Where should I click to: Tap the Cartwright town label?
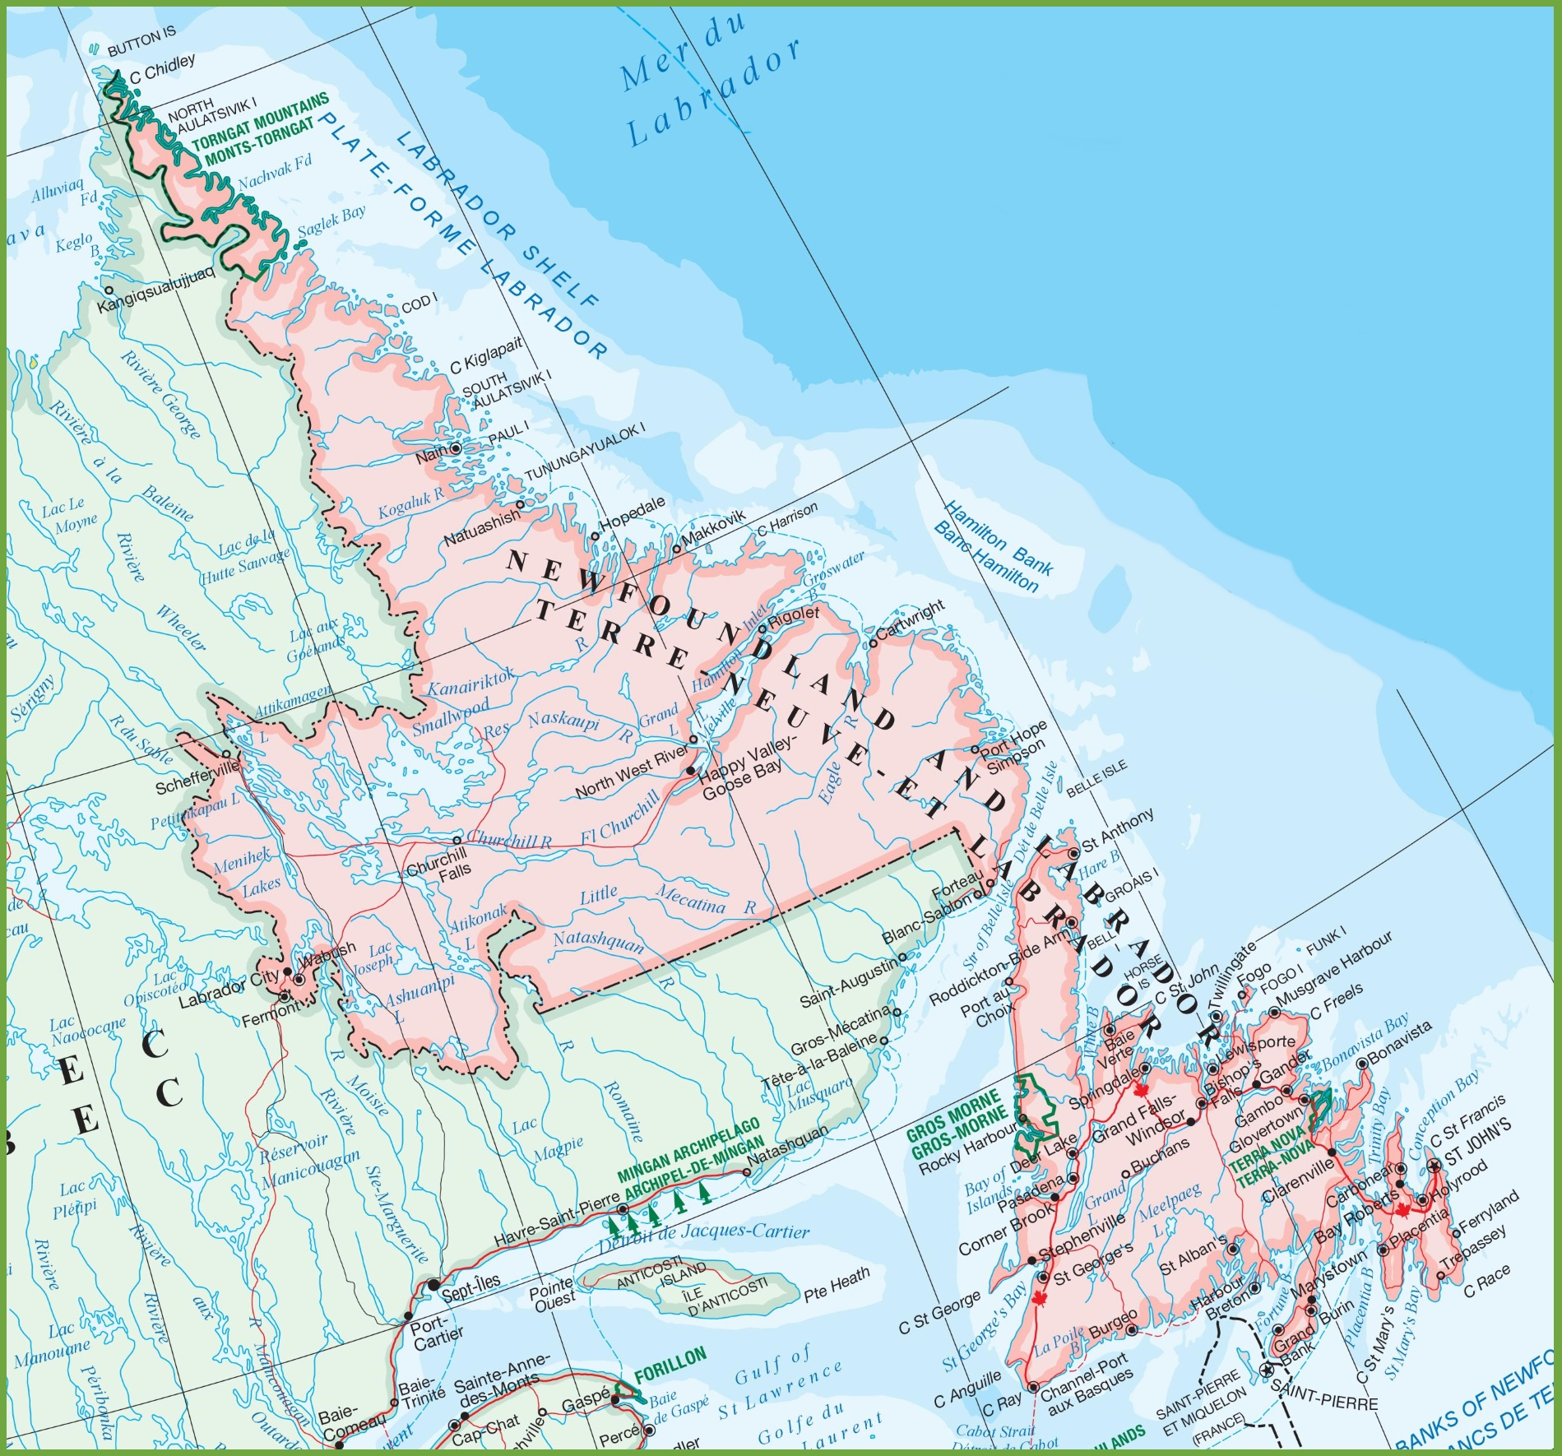(911, 621)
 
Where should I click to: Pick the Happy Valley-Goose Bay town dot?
(690, 771)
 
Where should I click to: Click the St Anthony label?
(1117, 829)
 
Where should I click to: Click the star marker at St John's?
(1435, 1166)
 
